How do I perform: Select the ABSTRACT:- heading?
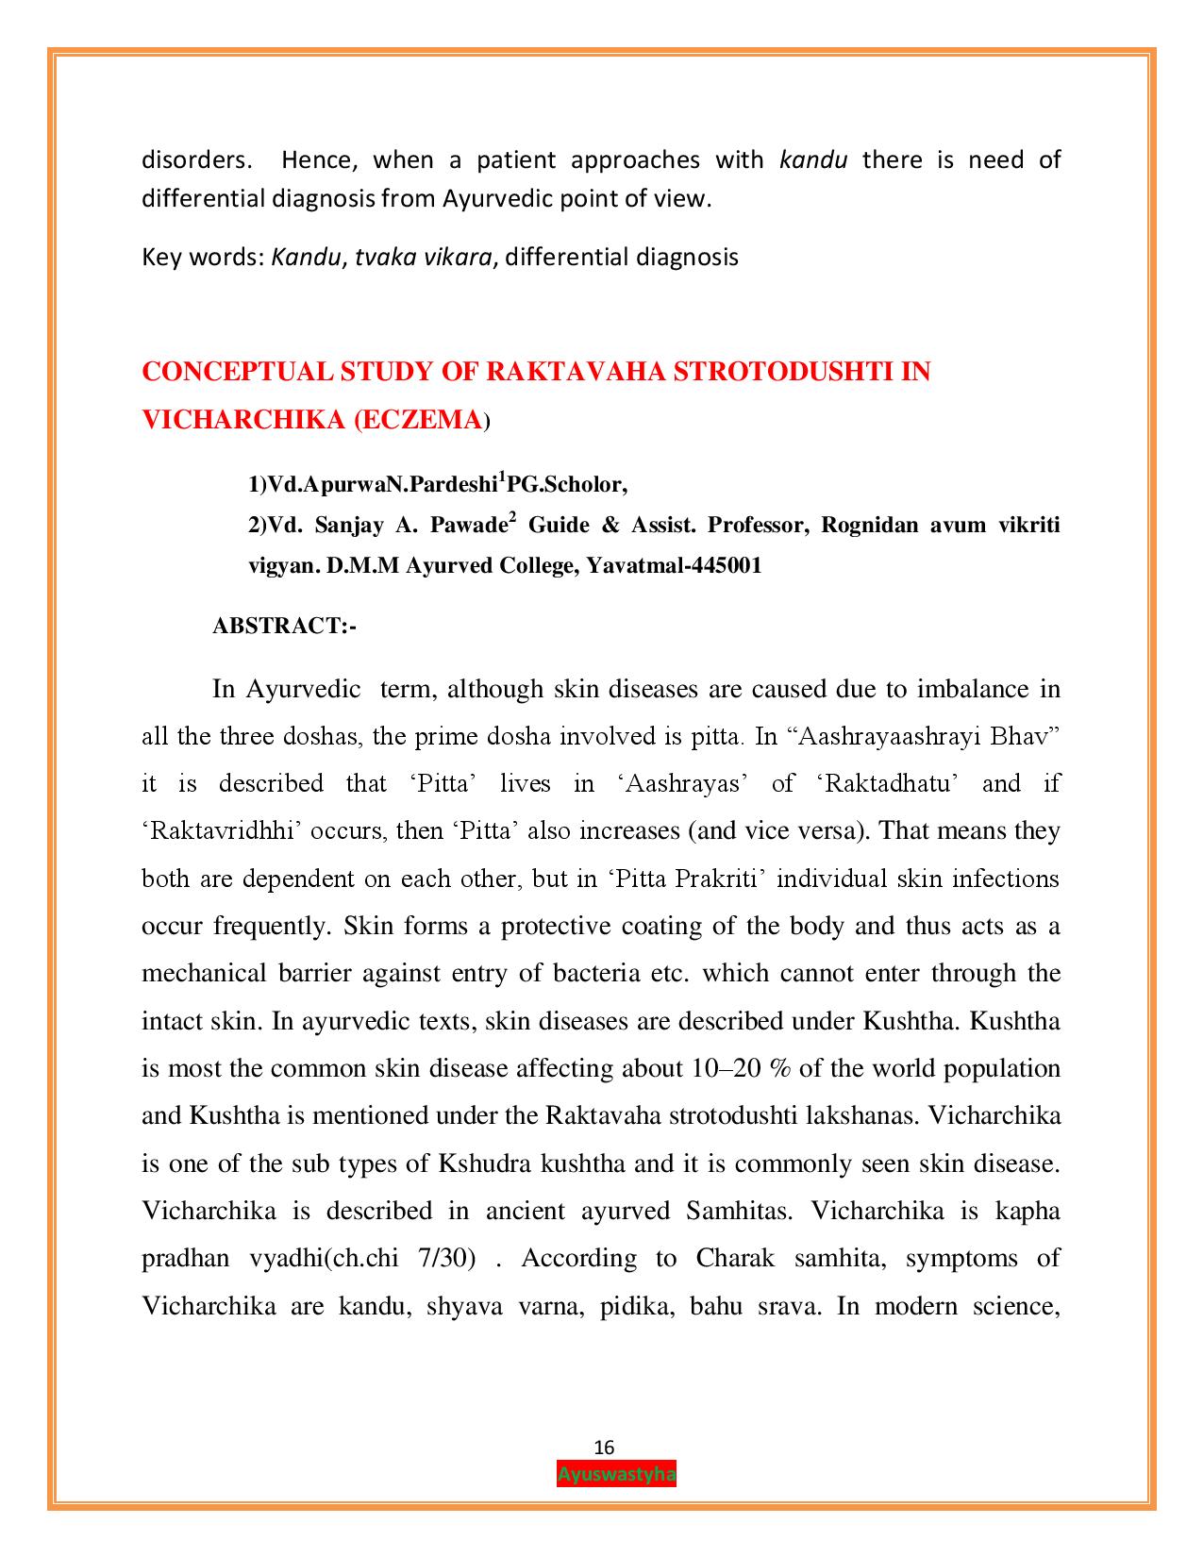point(284,626)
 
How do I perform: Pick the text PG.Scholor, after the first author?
point(567,485)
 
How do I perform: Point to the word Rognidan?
point(868,525)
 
